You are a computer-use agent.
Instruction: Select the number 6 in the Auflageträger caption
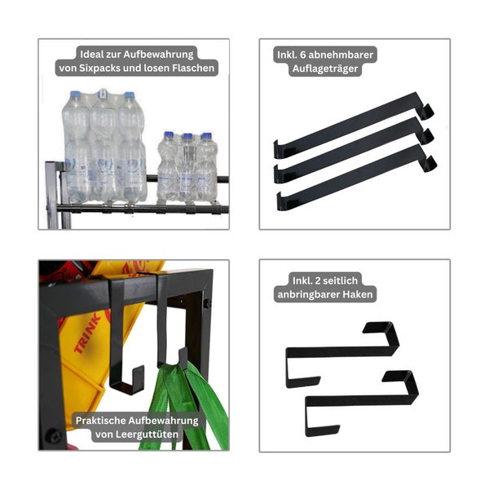pyautogui.click(x=302, y=55)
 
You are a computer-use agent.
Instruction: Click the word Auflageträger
pyautogui.click(x=325, y=68)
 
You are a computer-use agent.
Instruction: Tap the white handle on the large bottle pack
pyautogui.click(x=103, y=93)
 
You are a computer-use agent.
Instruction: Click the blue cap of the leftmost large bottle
pyautogui.click(x=75, y=94)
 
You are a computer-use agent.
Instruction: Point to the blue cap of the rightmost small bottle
pyautogui.click(x=206, y=136)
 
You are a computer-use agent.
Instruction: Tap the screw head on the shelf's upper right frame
pyautogui.click(x=207, y=303)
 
